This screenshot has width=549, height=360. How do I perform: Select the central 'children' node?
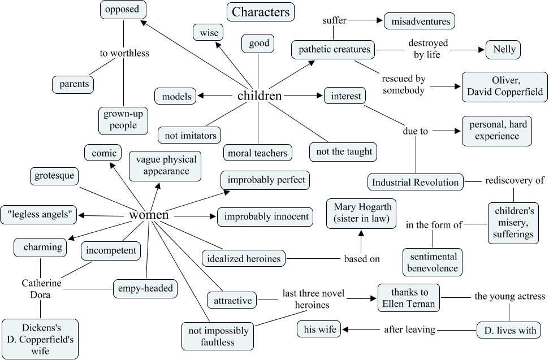coord(260,96)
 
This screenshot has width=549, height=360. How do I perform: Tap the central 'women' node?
coord(149,215)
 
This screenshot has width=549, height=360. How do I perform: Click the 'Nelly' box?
coord(503,49)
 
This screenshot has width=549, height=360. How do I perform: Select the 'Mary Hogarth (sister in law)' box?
coord(362,212)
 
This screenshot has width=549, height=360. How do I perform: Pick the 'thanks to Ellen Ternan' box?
coord(409,298)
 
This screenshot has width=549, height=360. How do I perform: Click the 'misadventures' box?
coord(420,21)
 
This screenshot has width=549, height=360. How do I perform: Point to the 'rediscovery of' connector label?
coord(515,181)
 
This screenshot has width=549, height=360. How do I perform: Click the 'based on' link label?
coord(362,259)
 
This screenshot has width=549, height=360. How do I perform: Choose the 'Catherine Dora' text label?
coord(41,288)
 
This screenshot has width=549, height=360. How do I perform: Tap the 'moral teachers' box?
coord(258,153)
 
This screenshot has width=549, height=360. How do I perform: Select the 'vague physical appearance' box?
coord(166,165)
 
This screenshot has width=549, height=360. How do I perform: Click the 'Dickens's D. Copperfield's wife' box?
coord(40,339)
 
